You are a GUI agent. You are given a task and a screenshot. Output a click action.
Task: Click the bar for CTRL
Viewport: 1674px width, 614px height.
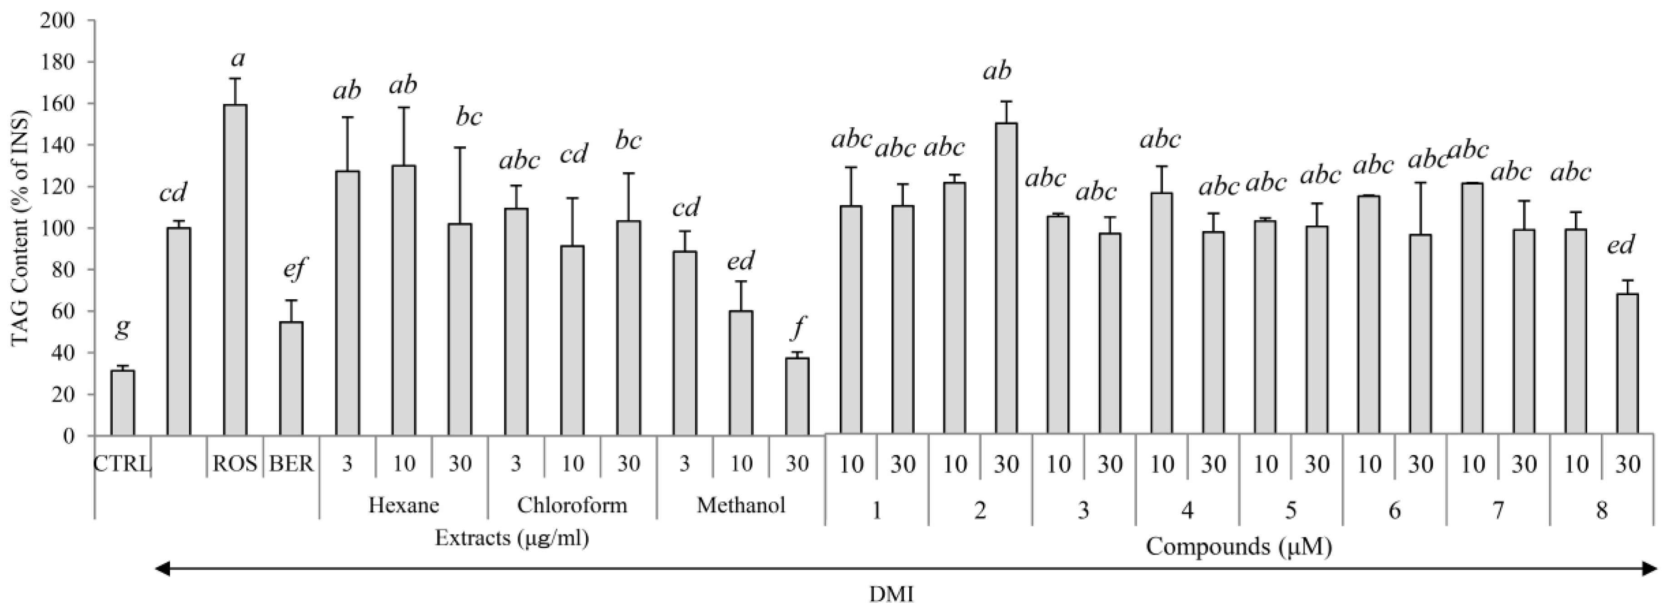(x=123, y=403)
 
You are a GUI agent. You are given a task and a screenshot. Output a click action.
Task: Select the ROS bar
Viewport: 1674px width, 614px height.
(x=235, y=270)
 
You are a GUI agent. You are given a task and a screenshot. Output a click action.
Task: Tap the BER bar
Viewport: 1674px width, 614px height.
(x=291, y=378)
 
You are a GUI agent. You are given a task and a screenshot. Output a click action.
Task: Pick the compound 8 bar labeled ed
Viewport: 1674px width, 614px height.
(x=1627, y=364)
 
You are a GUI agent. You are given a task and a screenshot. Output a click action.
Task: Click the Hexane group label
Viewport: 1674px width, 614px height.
(x=404, y=505)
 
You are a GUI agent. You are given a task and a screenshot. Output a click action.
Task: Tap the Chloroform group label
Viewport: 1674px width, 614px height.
(x=572, y=505)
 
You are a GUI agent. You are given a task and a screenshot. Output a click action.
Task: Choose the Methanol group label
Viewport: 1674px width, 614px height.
(x=741, y=505)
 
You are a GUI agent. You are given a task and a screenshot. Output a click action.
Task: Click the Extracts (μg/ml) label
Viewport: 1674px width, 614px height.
(x=512, y=538)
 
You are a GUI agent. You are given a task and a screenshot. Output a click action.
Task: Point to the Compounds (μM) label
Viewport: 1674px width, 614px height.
(x=1239, y=546)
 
